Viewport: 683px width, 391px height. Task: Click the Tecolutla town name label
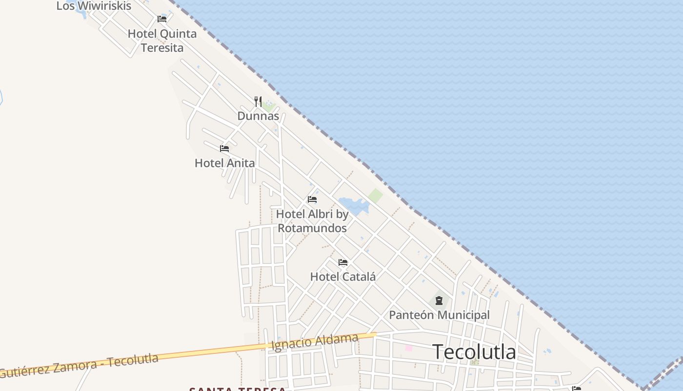point(474,351)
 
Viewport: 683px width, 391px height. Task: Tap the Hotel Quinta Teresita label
point(162,41)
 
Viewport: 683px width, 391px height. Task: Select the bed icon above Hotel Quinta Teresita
point(162,19)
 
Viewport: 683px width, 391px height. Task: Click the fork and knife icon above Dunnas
point(258,102)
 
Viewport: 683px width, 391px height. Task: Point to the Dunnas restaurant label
point(258,116)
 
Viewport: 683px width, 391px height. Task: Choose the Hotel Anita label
point(224,163)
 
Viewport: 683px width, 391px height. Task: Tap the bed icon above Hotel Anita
point(224,148)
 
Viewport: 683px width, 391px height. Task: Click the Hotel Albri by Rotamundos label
point(312,221)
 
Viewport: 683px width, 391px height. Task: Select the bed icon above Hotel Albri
point(312,199)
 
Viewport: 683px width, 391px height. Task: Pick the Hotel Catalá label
point(343,277)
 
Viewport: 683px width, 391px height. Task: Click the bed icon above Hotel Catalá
point(343,262)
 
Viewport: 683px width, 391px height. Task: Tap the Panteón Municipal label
point(439,315)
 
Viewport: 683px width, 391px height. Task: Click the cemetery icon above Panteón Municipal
point(439,300)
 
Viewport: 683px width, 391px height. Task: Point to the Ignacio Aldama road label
point(315,342)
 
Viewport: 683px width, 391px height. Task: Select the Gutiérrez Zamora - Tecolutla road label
point(79,365)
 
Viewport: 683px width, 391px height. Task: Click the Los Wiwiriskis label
point(94,6)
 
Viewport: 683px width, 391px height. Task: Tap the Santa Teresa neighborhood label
point(237,389)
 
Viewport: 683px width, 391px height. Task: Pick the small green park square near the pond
point(375,196)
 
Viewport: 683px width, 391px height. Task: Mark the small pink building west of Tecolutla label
point(408,348)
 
